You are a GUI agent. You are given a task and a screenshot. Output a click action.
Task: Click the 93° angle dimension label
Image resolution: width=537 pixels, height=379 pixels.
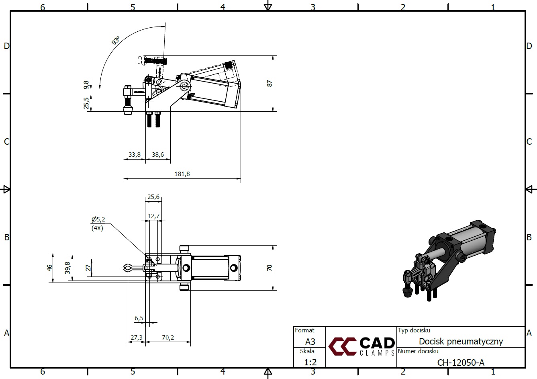116,40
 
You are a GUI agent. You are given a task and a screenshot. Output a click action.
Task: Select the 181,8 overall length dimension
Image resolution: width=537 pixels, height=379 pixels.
182,174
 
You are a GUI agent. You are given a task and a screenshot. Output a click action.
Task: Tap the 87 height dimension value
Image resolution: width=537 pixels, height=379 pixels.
270,84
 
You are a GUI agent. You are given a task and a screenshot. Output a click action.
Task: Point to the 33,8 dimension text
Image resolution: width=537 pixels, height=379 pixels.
135,154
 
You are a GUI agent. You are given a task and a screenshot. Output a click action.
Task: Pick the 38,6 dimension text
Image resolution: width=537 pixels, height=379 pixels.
158,154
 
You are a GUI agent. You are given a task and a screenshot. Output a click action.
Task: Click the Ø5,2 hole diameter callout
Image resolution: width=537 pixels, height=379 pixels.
98,219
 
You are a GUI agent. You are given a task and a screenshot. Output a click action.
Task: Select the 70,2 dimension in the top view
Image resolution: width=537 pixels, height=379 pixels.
168,338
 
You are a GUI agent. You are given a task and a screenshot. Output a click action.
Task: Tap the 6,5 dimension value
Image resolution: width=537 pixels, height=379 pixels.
139,318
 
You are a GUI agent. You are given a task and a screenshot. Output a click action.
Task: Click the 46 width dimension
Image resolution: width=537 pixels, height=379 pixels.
50,268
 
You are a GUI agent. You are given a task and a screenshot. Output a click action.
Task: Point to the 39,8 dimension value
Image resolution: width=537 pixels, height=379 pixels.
67,268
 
